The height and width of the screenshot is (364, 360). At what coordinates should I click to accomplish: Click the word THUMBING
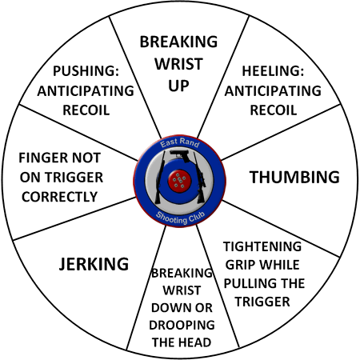click(294, 177)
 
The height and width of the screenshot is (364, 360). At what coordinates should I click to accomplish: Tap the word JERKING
click(94, 264)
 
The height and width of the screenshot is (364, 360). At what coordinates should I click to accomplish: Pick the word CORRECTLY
click(60, 197)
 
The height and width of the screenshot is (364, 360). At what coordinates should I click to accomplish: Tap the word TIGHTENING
click(262, 246)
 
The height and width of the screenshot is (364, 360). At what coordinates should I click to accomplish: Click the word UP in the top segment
click(178, 86)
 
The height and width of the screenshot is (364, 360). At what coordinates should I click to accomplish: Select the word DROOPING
click(182, 325)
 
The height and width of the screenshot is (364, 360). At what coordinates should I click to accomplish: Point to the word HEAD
click(196, 342)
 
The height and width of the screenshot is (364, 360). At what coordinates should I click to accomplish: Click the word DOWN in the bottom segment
click(167, 308)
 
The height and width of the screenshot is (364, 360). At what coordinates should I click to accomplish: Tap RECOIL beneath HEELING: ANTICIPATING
click(274, 110)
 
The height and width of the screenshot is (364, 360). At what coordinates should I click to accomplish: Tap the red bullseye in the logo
click(180, 181)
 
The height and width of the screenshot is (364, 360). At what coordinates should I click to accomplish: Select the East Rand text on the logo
click(180, 143)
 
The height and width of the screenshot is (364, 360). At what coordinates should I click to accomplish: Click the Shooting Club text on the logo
click(180, 218)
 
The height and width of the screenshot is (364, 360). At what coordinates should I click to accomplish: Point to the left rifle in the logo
click(160, 178)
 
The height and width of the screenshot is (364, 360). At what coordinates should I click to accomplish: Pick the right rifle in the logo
click(200, 178)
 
